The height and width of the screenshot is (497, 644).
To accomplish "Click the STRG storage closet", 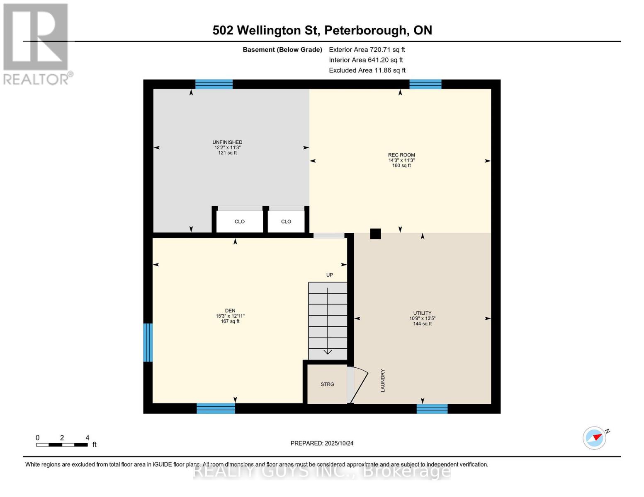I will pos(327,384).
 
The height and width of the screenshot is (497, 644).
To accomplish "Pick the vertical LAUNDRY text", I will pos(383,381).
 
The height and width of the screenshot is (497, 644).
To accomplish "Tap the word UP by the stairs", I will pos(330,275).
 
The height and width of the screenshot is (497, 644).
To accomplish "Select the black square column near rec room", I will pos(375,234).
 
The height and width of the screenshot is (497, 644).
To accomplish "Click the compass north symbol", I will pos(595,438).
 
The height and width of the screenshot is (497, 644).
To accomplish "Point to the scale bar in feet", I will pos(62,445).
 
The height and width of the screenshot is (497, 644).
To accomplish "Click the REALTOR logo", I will pos(36,43).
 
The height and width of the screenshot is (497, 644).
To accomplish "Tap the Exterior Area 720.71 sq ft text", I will pos(367,50).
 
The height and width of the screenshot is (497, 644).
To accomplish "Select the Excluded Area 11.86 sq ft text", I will pos(367,70).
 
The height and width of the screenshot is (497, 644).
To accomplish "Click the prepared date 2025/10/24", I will pos(322,443).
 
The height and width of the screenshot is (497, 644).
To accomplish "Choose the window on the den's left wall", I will pos(148,343).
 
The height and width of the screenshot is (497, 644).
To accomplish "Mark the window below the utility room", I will pos(432,409).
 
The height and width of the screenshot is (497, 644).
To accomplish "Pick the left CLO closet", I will pos(240,222).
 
